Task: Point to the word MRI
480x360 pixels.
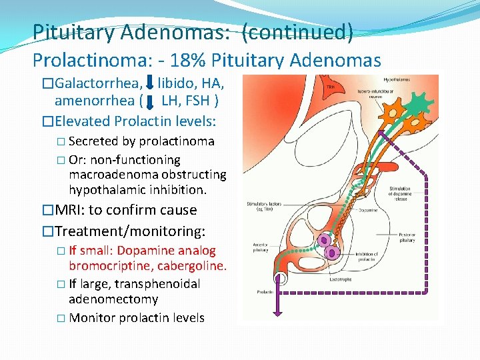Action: (x=67, y=210)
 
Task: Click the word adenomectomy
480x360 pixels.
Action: (x=113, y=299)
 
